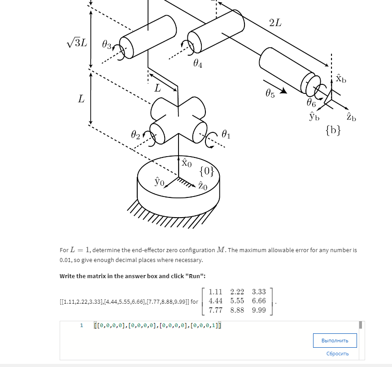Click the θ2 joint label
136,134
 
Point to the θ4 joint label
197,65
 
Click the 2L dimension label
275,23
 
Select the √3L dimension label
78,43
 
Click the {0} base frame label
206,170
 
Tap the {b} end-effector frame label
333,131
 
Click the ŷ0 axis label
159,181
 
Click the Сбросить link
337,354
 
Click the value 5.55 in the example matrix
237,301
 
